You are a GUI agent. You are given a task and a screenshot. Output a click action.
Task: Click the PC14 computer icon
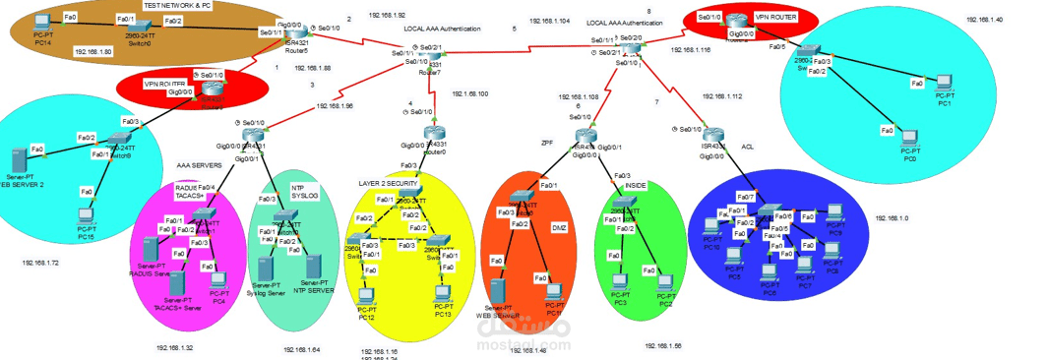point(42,22)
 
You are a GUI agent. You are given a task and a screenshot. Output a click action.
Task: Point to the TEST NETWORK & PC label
point(177,5)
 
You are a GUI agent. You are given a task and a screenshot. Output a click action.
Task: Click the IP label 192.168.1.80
point(92,51)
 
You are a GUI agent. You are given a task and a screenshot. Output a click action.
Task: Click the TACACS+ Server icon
point(178,281)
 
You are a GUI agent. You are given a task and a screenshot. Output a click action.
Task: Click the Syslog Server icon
point(265,269)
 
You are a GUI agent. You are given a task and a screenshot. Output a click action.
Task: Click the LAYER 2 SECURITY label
point(389,184)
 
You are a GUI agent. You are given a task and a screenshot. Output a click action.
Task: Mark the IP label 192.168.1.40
point(984,20)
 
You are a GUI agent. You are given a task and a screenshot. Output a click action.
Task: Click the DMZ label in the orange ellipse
point(558,227)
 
